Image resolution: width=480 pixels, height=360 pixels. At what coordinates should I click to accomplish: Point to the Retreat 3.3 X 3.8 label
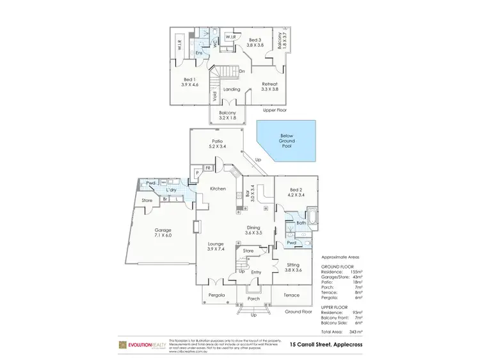coord(270,86)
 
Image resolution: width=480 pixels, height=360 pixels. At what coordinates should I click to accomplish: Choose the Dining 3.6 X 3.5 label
coord(254,230)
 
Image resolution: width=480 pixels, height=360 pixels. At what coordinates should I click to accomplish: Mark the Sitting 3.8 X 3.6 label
coord(294,268)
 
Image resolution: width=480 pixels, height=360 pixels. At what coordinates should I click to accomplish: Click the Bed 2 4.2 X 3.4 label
coord(296,192)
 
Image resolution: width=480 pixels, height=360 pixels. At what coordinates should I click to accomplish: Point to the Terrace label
coord(291,295)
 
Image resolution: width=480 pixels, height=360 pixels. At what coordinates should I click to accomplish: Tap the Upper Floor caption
coord(274,110)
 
